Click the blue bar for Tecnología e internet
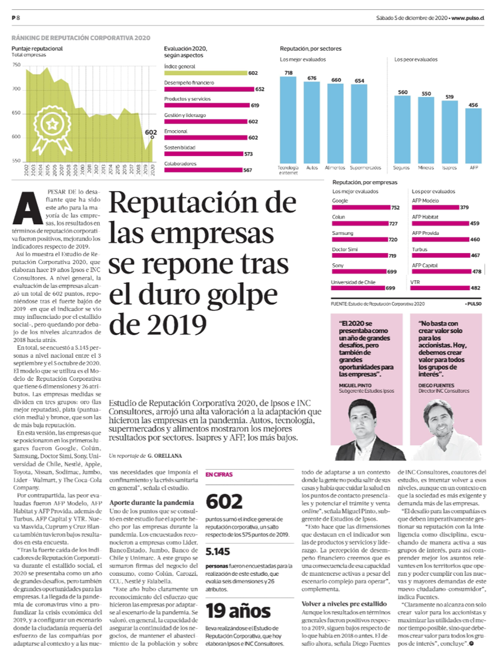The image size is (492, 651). click(288, 120)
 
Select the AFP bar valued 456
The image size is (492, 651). click(473, 136)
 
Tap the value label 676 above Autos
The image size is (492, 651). click(312, 78)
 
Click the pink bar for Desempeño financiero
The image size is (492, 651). click(209, 89)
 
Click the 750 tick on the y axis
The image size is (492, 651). click(16, 65)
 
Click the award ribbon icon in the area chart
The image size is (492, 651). click(52, 127)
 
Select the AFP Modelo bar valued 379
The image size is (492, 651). click(436, 207)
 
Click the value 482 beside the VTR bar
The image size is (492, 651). click(475, 288)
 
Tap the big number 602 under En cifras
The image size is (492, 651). click(224, 501)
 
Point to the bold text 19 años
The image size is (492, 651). click(238, 611)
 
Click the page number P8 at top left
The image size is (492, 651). click(16, 18)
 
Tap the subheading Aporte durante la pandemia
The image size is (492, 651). click(151, 502)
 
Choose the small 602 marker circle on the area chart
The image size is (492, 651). click(153, 137)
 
